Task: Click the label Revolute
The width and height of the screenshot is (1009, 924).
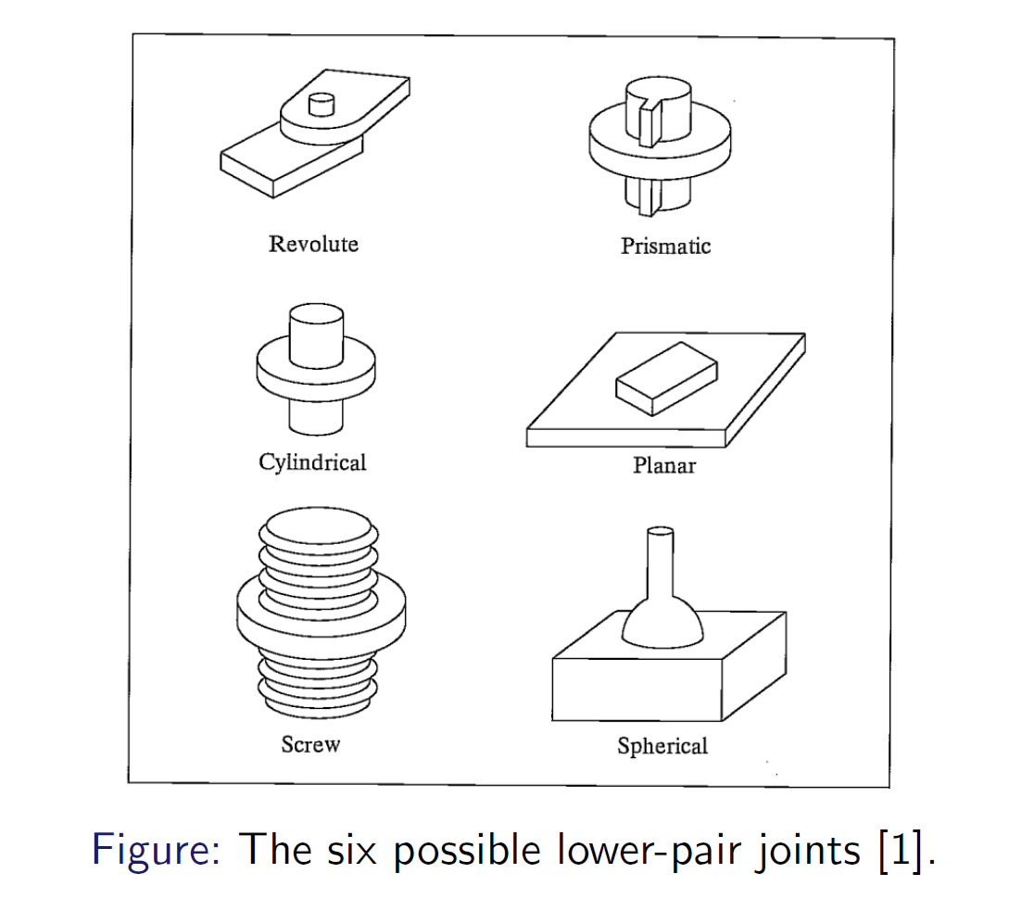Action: (x=313, y=244)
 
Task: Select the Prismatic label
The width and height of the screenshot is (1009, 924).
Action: (x=665, y=246)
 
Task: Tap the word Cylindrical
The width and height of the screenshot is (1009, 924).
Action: (x=312, y=462)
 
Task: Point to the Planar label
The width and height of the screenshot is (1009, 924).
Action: (x=663, y=464)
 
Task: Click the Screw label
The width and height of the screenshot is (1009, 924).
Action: (x=310, y=743)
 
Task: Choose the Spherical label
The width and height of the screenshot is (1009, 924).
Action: (x=662, y=745)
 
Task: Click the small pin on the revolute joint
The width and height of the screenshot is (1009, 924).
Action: (x=321, y=104)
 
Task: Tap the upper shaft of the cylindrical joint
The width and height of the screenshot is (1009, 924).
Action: (x=316, y=335)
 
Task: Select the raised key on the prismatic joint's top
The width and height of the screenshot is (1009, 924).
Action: (x=650, y=121)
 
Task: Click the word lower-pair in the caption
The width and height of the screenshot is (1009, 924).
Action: (x=653, y=849)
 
